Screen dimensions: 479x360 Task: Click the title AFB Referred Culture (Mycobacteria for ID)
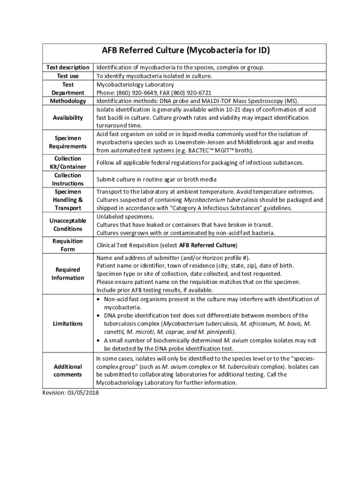(x=186, y=51)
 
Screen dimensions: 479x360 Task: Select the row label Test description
(x=68, y=67)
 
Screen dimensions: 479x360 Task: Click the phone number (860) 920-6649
(x=136, y=93)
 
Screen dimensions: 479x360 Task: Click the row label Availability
(x=68, y=118)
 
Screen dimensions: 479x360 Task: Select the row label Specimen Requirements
(x=68, y=142)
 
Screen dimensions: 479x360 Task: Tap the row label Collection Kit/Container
(x=68, y=163)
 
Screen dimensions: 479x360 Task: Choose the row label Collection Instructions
(x=68, y=180)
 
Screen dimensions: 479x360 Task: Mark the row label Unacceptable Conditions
(x=68, y=225)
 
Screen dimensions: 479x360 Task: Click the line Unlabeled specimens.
(x=125, y=217)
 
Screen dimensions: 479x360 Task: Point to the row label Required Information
(x=68, y=274)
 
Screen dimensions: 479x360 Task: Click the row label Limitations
(x=68, y=324)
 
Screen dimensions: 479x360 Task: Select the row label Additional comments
(x=68, y=370)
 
